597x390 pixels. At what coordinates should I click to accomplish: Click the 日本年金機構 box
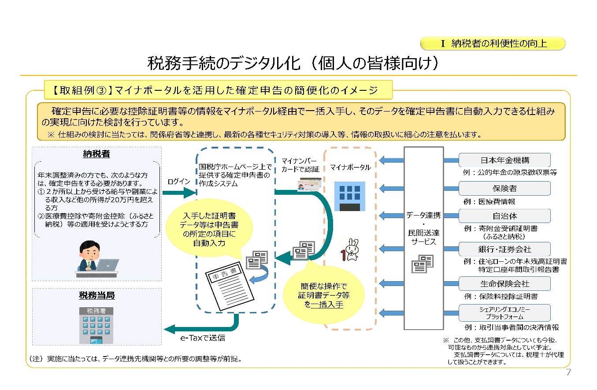(x=504, y=160)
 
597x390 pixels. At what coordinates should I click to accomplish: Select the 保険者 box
(x=504, y=188)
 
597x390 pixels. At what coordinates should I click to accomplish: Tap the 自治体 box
(x=504, y=216)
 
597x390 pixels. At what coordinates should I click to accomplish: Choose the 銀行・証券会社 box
(x=504, y=249)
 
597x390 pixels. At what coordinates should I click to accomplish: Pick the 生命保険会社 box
(x=504, y=283)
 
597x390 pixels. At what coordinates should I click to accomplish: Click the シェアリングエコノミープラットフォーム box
(x=504, y=312)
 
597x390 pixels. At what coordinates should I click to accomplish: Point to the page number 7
(x=568, y=372)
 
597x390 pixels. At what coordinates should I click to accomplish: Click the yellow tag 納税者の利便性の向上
(x=493, y=43)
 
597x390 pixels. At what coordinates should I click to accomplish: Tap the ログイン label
(x=178, y=182)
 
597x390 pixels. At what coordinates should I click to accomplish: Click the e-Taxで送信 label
(x=203, y=338)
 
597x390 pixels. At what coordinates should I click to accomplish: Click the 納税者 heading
(x=96, y=154)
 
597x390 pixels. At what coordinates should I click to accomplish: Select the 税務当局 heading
(x=96, y=295)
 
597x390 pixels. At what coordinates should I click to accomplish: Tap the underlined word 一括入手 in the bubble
(x=326, y=305)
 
